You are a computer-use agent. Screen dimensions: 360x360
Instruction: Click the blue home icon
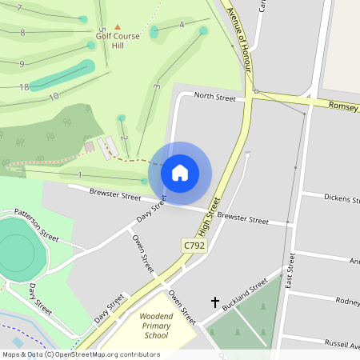[x=180, y=172]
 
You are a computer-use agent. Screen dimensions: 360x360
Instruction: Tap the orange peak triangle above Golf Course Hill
[x=118, y=27]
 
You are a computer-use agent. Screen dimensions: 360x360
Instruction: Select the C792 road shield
[x=193, y=245]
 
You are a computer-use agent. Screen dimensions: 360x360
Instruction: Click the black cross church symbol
[x=214, y=302]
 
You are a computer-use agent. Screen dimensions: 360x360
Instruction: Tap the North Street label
[x=214, y=98]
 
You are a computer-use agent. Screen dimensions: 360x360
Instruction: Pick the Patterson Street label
[x=36, y=226]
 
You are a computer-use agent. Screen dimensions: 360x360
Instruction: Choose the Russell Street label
[x=342, y=342]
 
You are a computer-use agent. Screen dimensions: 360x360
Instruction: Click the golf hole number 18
[x=24, y=86]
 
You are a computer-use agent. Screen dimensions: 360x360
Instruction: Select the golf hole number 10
[x=54, y=97]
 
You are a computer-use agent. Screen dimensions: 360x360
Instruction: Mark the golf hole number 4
[x=182, y=25]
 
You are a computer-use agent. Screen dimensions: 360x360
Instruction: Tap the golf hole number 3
[x=158, y=86]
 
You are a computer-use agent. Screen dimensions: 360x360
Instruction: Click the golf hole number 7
[x=19, y=7]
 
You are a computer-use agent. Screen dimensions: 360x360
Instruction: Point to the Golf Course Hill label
[x=118, y=41]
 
